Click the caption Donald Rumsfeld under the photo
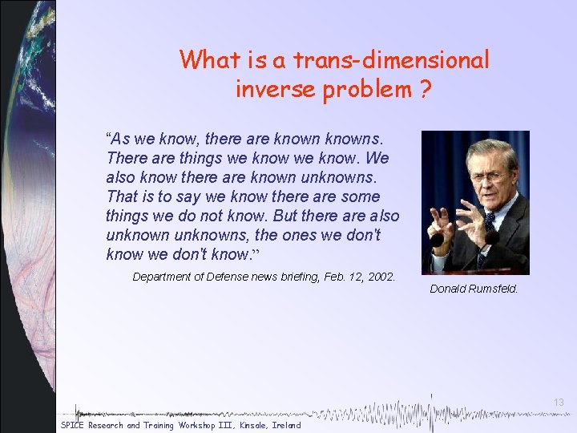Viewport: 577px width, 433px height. tap(474, 289)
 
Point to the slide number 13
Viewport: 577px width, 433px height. tap(559, 402)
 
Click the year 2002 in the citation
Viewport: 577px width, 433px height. tap(381, 277)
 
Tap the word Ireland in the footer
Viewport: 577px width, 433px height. tap(286, 425)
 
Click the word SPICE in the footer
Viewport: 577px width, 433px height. tap(72, 425)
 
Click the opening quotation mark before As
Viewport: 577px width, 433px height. tap(109, 137)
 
